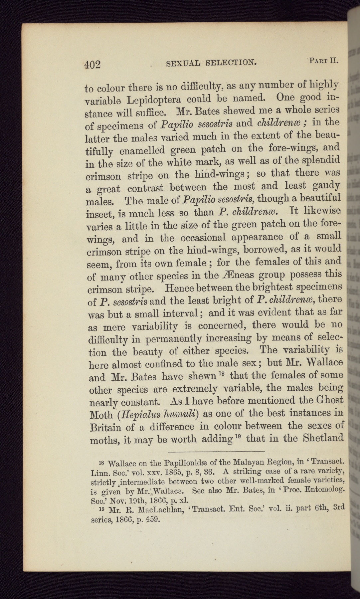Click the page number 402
coord(92,64)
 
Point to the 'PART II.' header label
coord(323,61)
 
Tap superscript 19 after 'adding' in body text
coord(237,436)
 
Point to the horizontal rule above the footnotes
coord(216,452)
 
